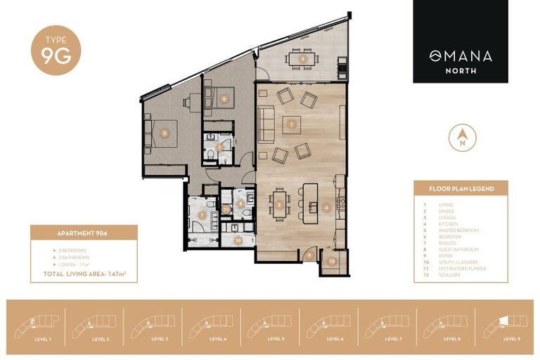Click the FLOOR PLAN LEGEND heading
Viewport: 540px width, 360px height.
tap(461, 189)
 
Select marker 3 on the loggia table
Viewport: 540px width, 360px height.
tap(302, 59)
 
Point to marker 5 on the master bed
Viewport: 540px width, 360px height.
tap(164, 131)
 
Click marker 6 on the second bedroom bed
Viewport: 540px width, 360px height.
tap(224, 98)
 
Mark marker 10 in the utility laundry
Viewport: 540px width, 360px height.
tap(238, 240)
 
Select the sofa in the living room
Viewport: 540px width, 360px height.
tap(266, 122)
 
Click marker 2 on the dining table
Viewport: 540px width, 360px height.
tap(280, 205)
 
